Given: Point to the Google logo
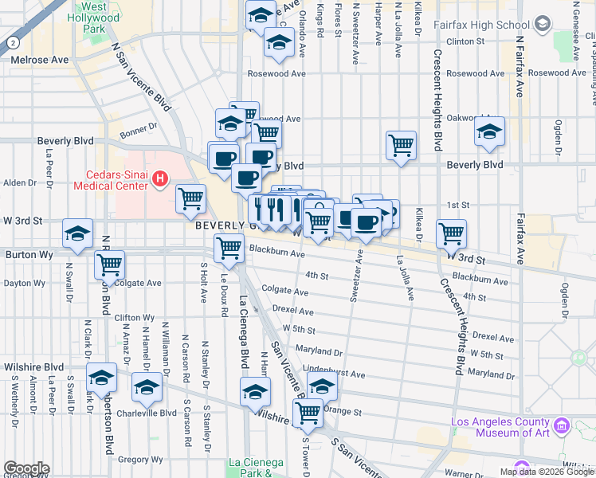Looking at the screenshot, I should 26,468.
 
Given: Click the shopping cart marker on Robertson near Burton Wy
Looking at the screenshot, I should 109,264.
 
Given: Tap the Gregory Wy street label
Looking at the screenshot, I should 140,460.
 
